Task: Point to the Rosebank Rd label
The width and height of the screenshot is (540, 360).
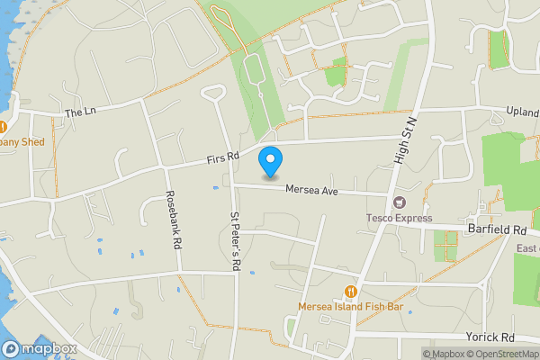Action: tap(173, 220)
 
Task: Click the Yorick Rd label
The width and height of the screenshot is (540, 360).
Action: tap(490, 337)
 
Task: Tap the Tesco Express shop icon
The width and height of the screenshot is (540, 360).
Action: tap(400, 202)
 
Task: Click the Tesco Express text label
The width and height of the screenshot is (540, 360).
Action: tap(399, 218)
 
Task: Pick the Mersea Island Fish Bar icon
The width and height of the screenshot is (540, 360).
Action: tap(351, 292)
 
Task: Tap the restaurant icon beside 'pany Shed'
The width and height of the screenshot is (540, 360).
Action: tap(3, 127)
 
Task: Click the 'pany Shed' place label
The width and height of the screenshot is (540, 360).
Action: tap(23, 141)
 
